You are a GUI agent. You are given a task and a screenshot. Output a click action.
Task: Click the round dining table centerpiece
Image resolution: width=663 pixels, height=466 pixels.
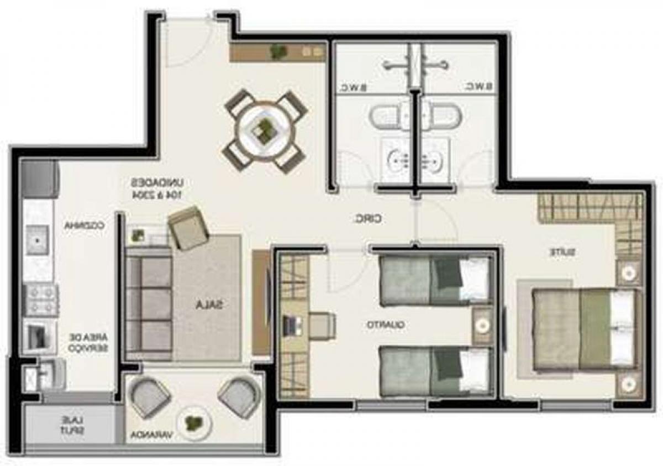[264, 130]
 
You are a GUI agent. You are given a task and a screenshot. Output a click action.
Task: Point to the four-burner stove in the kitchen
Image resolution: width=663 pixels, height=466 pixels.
[40, 299]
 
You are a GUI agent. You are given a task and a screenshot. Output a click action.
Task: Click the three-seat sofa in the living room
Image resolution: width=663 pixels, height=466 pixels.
[148, 303]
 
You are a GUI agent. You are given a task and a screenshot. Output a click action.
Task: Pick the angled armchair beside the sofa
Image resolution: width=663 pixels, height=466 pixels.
[187, 227]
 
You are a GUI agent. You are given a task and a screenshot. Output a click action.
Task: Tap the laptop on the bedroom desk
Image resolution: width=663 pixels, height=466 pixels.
[290, 324]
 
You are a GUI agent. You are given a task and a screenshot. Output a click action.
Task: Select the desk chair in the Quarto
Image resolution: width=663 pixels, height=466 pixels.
[320, 325]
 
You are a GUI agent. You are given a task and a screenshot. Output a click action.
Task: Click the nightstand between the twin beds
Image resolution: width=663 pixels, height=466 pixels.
[482, 326]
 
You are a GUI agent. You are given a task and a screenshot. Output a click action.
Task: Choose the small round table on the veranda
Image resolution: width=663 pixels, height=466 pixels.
[193, 423]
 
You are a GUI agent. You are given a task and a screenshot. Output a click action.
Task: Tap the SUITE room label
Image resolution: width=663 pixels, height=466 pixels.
[563, 252]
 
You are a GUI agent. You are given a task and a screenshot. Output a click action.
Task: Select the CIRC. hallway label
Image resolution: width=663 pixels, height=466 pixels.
[368, 219]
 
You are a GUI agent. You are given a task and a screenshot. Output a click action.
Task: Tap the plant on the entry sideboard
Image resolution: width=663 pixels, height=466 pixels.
[277, 51]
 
